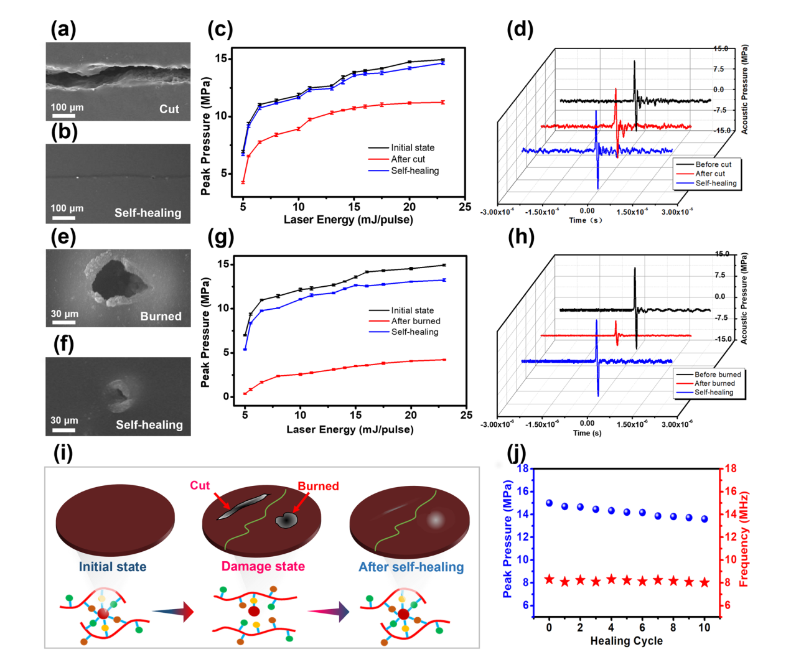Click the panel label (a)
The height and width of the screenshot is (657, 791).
pos(63,29)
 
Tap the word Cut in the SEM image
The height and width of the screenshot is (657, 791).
pos(169,109)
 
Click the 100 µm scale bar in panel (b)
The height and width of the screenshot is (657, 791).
pos(63,218)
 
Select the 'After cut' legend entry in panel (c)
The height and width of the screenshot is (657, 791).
pos(408,159)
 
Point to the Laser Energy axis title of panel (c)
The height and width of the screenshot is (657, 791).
pos(348,220)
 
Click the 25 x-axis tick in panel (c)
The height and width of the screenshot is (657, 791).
pos(465,207)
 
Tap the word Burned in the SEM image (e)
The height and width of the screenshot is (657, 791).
pos(161,317)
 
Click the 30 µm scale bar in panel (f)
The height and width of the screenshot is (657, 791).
pos(63,429)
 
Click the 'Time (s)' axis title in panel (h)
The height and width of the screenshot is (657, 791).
pos(587,433)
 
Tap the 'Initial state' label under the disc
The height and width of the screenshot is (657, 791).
pos(113,567)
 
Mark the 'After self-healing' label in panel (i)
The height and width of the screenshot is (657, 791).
pos(411,567)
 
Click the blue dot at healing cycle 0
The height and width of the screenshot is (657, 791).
pos(549,503)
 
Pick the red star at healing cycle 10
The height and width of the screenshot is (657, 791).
pos(704,583)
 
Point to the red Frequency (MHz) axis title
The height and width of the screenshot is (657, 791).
pos(744,539)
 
